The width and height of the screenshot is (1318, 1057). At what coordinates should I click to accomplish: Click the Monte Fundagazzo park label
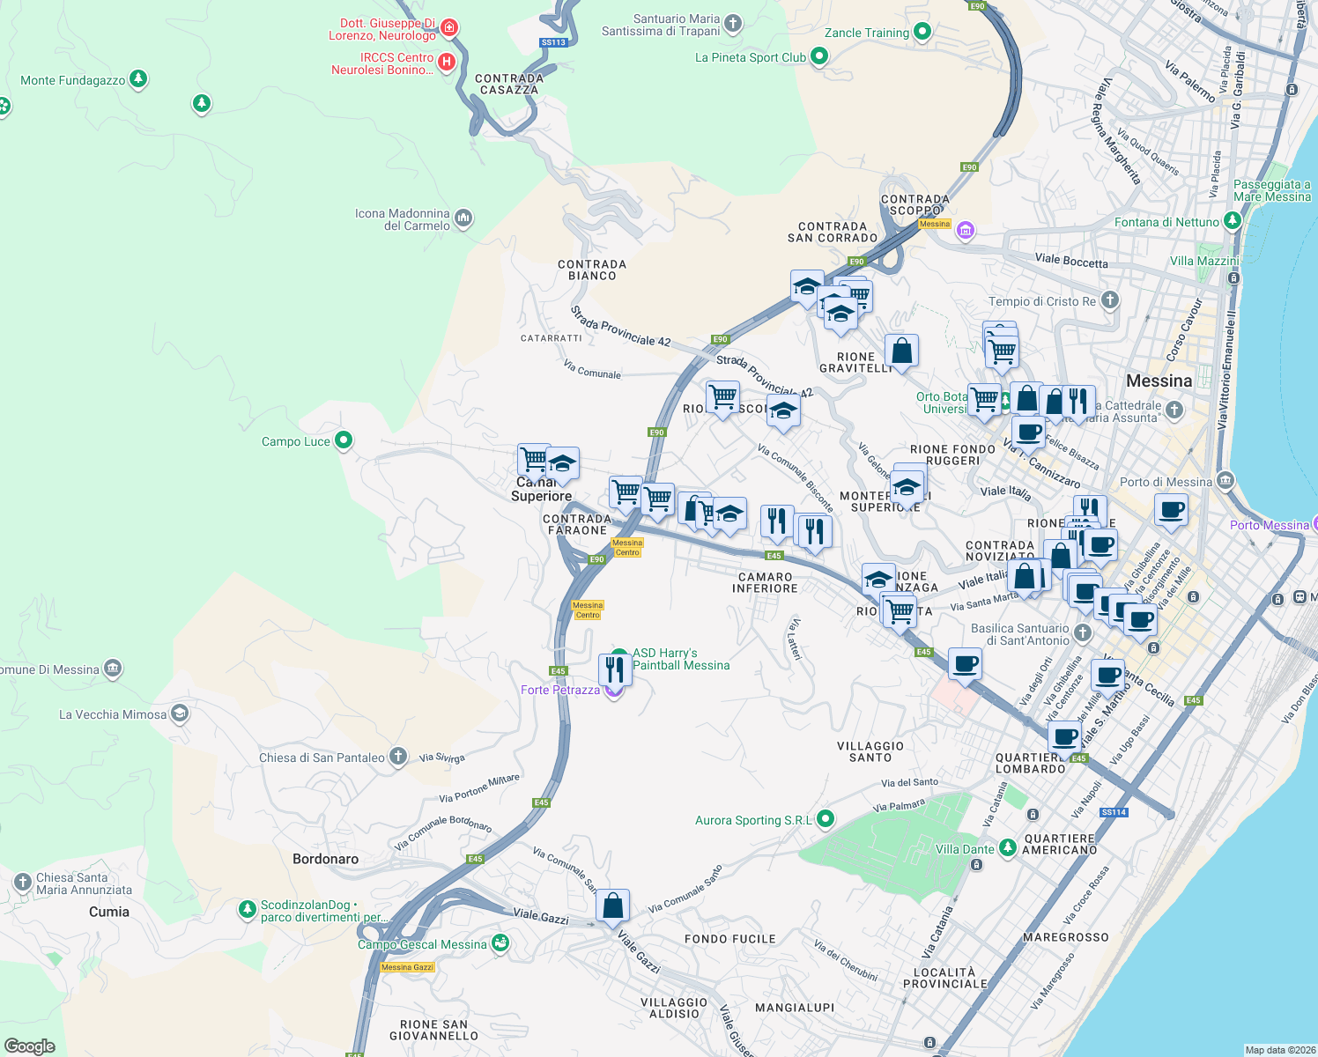pos(73,80)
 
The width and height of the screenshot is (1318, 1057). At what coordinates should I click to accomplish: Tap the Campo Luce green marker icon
pos(344,440)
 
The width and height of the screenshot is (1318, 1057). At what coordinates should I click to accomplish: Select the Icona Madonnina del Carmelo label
pos(403,219)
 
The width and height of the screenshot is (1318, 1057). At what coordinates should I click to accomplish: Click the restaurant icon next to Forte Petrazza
pos(614,669)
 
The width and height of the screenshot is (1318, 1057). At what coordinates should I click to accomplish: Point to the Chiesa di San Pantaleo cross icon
pos(398,757)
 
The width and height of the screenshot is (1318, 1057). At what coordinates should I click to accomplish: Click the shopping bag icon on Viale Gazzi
pos(612,905)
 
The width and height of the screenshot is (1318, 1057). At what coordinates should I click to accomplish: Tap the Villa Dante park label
pos(965,849)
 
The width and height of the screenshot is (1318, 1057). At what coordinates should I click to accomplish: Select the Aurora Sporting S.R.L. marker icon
pos(826,819)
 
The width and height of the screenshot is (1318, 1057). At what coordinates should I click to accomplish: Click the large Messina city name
pos(1159,381)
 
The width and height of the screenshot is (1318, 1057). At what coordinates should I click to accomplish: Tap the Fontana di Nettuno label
pos(1166,222)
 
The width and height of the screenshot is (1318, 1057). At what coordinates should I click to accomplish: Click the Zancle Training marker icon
pos(922,33)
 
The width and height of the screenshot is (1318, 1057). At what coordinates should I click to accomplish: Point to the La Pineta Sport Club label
pos(751,57)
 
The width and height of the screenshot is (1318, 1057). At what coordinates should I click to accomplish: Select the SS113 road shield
pos(553,42)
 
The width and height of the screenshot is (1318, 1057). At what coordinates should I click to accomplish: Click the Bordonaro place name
pos(325,859)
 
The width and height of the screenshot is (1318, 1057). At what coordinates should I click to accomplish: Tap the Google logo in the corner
pos(30,1046)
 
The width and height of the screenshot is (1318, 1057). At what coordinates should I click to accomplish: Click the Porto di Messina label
pos(1166,482)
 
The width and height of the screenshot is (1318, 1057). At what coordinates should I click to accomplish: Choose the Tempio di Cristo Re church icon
pos(1110,300)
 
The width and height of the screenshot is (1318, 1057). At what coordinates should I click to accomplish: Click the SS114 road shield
pos(1114,812)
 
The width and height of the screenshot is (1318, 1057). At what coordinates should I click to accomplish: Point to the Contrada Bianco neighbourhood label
pos(592,270)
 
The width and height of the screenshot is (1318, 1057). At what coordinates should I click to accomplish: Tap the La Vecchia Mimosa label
pos(113,714)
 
